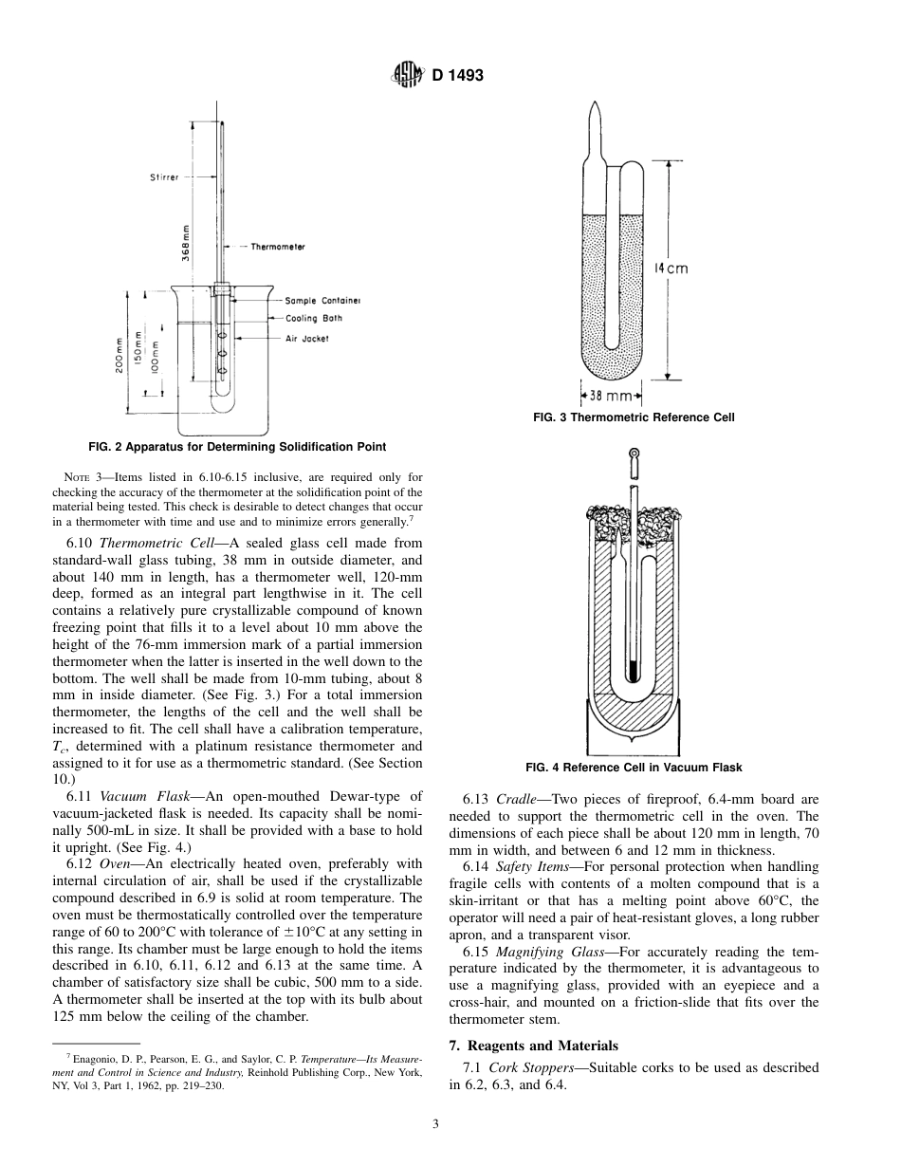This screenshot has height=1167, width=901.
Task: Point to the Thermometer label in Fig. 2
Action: (278, 247)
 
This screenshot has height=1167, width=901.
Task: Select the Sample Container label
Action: (322, 301)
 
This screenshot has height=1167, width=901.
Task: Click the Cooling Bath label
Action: (314, 319)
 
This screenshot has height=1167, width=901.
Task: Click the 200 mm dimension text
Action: (120, 356)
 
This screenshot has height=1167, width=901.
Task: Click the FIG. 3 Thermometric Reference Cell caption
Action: (634, 417)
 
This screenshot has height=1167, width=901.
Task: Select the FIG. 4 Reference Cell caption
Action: (634, 768)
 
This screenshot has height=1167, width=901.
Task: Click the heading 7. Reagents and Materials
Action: (532, 1046)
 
